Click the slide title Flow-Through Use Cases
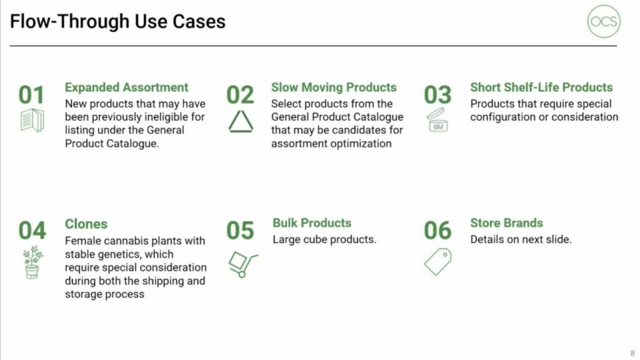coord(117,21)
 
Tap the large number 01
coord(31,95)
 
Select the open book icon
coord(32,121)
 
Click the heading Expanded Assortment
coord(126,87)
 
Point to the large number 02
coord(240,95)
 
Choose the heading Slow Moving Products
coord(334,87)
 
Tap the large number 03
coord(437,95)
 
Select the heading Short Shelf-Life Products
coord(541,87)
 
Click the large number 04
coord(32,231)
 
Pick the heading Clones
coord(86,224)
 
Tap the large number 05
coord(240,231)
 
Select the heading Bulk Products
coord(312,223)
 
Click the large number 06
coord(437,231)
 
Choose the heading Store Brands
coord(506,223)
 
